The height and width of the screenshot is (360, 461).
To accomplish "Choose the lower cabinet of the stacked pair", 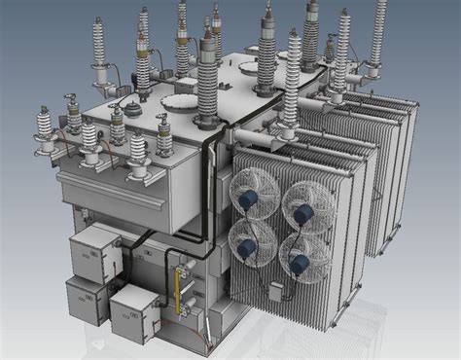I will point(86,296).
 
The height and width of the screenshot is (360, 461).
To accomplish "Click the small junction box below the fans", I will point(276,290).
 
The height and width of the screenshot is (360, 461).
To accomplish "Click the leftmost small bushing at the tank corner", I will point(43,128).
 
